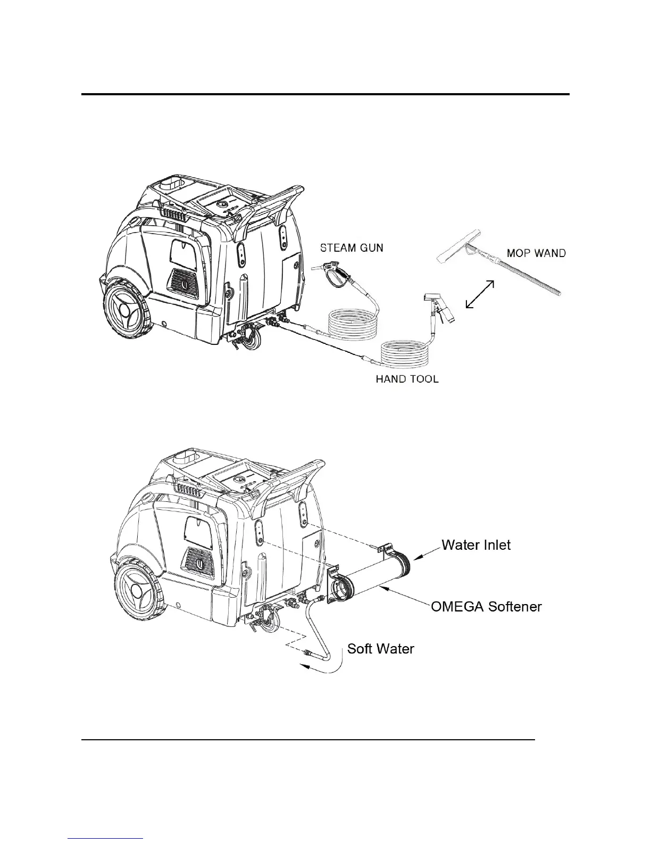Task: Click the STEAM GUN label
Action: [x=351, y=247]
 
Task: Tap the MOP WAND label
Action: [x=536, y=253]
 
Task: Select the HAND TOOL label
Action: [x=407, y=379]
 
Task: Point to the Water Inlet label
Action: [x=476, y=545]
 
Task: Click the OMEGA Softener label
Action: [x=486, y=606]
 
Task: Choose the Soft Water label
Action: [x=380, y=649]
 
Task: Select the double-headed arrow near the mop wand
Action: [x=479, y=294]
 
